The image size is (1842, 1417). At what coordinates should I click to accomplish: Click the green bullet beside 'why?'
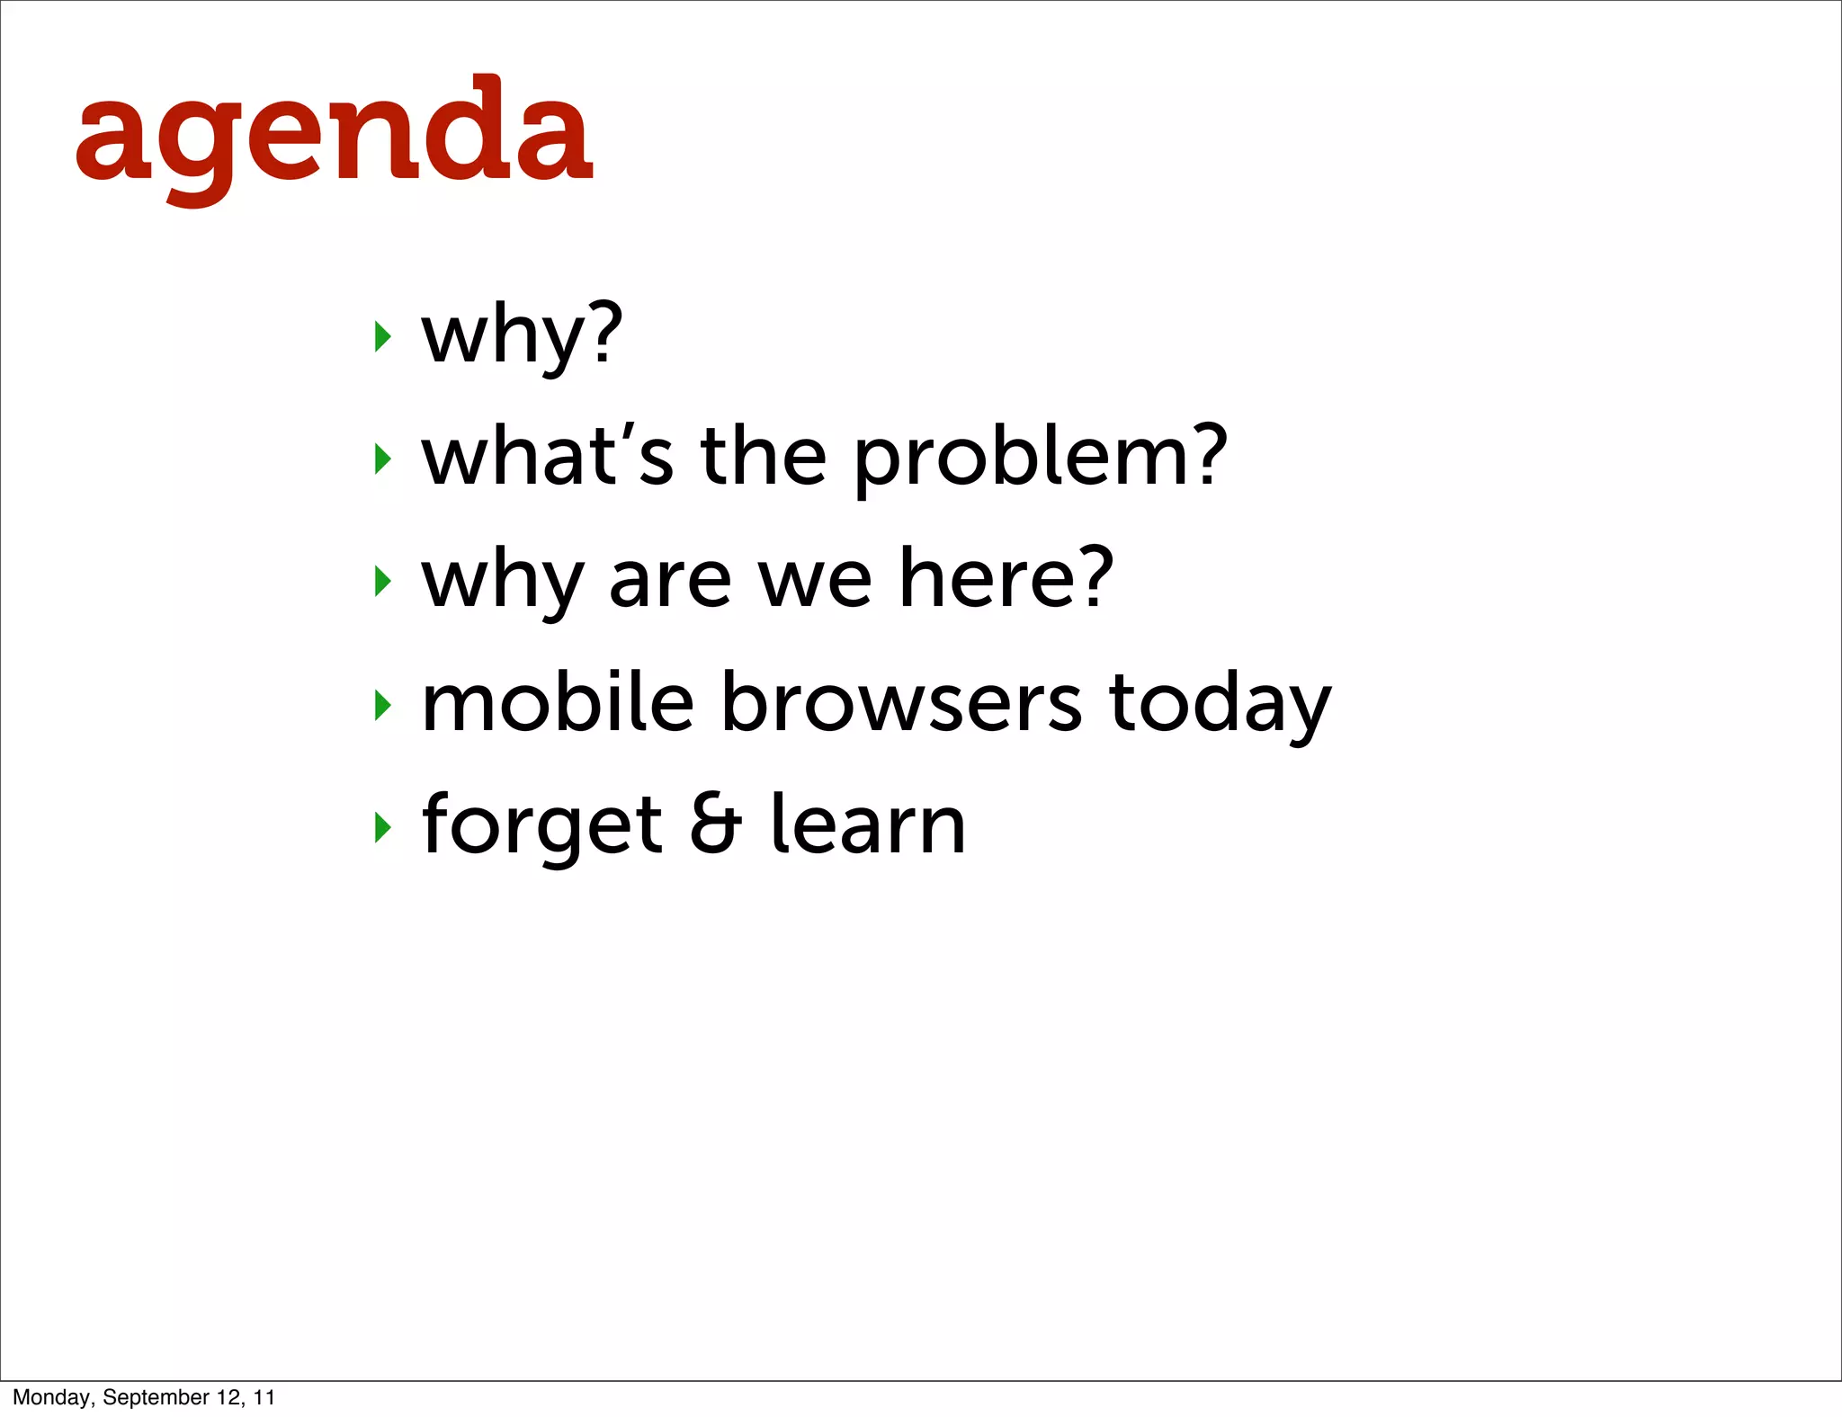pos(383,337)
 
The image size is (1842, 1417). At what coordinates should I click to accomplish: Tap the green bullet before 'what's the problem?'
pos(383,459)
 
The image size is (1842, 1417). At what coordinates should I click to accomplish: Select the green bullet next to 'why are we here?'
pos(383,582)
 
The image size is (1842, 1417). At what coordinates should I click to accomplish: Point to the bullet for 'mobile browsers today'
pos(383,705)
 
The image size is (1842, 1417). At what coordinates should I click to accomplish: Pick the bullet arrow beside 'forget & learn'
pos(383,827)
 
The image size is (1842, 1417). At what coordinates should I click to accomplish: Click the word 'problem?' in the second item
pos(1040,459)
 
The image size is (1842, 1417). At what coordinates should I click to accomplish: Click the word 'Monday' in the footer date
pos(52,1397)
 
